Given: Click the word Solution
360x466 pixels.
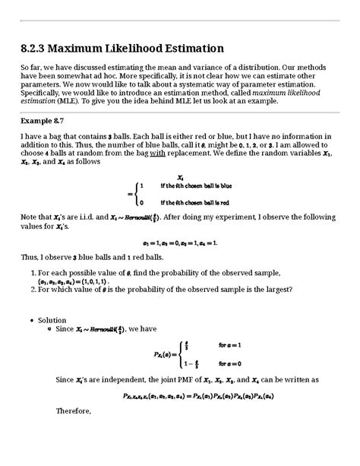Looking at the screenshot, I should tap(52, 320).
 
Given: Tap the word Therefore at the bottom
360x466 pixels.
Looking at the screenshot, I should tap(74, 411).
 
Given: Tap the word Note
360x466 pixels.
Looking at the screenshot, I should tap(30, 217).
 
